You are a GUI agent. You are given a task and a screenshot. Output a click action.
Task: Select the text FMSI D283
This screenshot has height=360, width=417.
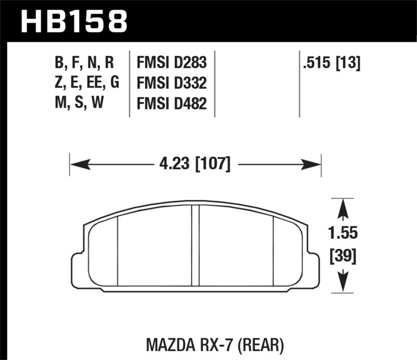(x=171, y=64)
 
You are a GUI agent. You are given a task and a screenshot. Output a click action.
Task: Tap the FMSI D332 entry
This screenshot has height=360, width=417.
(x=171, y=83)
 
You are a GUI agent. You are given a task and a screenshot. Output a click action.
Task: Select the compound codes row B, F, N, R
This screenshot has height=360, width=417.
(x=84, y=64)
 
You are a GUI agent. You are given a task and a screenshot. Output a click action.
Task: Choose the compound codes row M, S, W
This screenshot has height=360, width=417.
(x=76, y=103)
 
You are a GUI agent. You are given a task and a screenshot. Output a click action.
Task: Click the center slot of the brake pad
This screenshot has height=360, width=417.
(x=196, y=245)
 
